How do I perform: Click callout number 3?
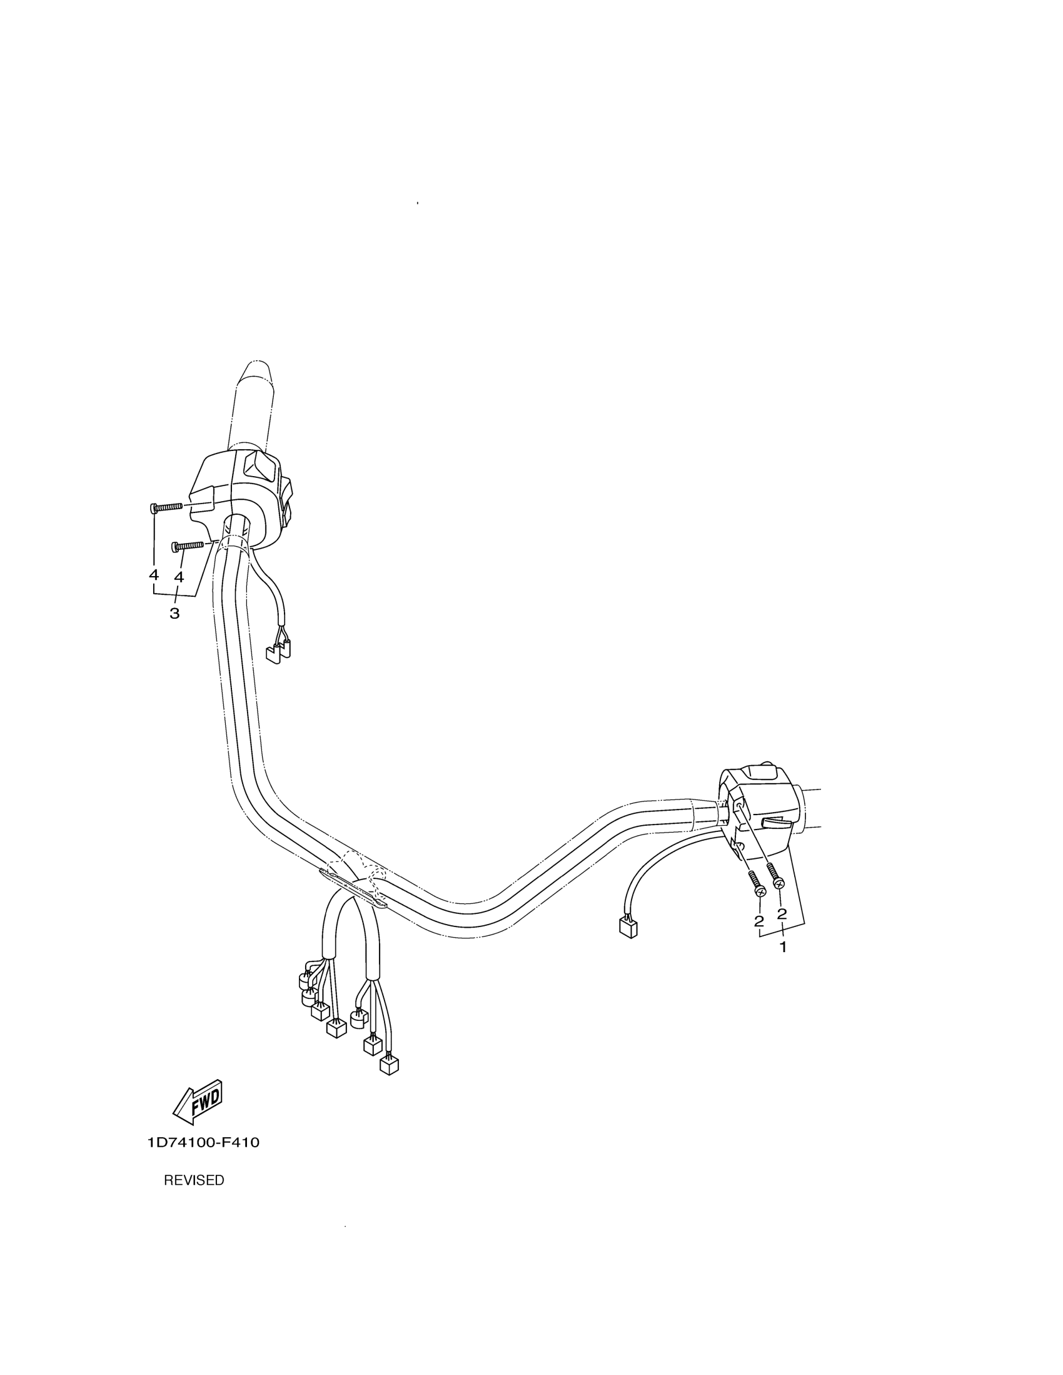tap(174, 612)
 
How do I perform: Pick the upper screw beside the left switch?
tap(167, 507)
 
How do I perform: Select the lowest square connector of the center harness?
tap(390, 1065)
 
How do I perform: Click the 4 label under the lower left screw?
tap(179, 576)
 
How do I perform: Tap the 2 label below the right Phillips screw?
tap(782, 913)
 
